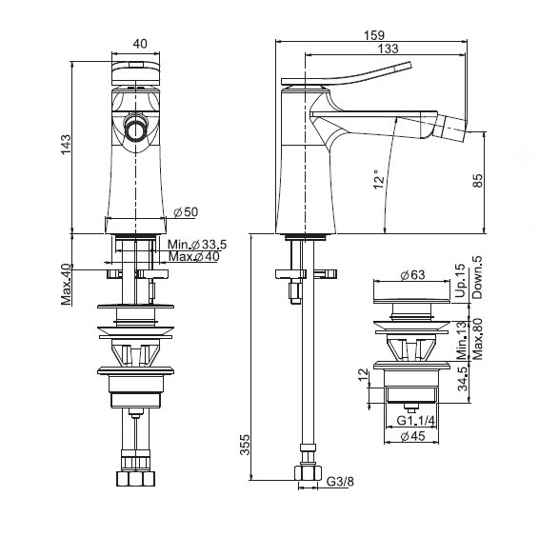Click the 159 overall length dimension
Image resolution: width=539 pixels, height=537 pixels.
374,35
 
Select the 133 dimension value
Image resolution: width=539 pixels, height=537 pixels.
388,49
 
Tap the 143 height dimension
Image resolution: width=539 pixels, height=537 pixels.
66,145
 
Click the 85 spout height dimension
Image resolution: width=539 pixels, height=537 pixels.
478,181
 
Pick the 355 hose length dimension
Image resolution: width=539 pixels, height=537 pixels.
245,445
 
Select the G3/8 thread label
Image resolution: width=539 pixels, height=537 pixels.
340,482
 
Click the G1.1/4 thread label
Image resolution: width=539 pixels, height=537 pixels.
415,420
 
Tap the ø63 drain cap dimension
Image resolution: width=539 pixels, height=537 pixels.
412,274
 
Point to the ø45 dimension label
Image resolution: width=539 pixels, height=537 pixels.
412,436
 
